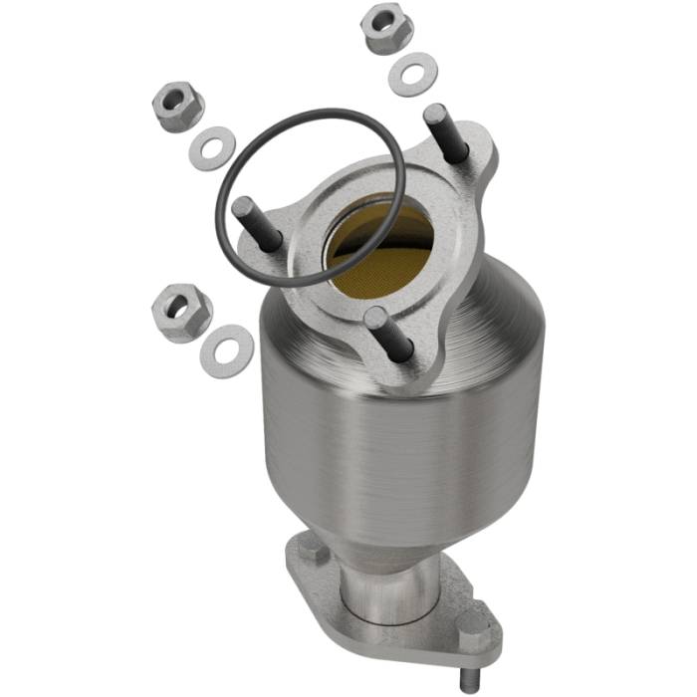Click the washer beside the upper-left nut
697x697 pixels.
[209, 148]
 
